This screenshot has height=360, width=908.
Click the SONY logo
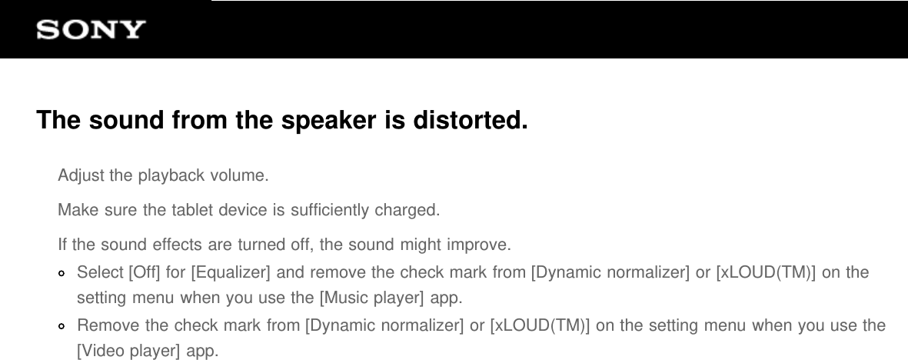(x=91, y=30)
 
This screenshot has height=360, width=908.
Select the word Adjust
(x=81, y=175)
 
